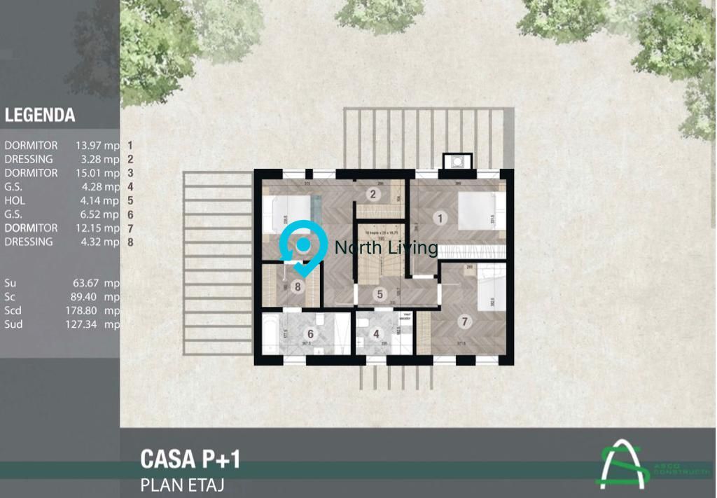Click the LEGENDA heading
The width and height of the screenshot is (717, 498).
click(x=40, y=116)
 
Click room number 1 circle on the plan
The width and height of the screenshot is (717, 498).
click(x=440, y=218)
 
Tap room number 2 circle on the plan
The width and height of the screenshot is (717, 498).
click(x=373, y=195)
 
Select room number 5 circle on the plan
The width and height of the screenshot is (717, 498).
click(x=379, y=295)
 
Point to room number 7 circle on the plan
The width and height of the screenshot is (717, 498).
click(x=463, y=322)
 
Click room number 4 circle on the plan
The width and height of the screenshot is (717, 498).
click(x=376, y=335)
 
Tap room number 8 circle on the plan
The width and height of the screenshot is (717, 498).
click(x=298, y=286)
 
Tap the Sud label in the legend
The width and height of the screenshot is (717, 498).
click(x=13, y=324)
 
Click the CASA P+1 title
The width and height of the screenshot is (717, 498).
click(x=190, y=459)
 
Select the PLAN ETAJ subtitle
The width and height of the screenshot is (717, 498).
click(x=182, y=484)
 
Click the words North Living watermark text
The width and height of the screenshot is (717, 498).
click(x=386, y=247)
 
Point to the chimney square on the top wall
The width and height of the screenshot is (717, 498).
click(x=457, y=162)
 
